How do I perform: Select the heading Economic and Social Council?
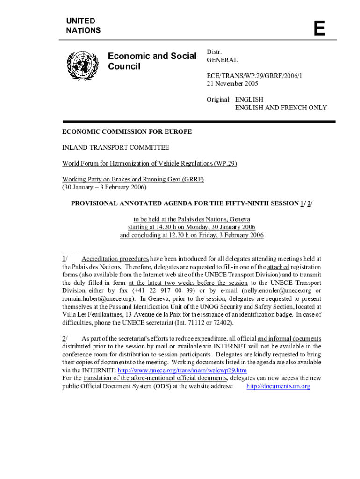[x=152, y=61]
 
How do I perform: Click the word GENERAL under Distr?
[x=222, y=60]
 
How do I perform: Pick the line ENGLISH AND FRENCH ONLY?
[x=281, y=108]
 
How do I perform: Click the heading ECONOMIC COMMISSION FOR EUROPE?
[x=127, y=132]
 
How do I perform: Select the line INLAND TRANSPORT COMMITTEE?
[x=116, y=148]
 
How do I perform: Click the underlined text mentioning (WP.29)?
[x=150, y=164]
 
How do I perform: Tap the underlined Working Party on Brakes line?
[x=133, y=180]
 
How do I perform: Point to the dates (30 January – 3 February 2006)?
[x=105, y=188]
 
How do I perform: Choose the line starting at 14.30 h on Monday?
[x=192, y=227]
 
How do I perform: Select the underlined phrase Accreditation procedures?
[x=115, y=259]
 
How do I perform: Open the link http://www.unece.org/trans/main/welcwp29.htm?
[x=182, y=370]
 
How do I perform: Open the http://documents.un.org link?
[x=278, y=386]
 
